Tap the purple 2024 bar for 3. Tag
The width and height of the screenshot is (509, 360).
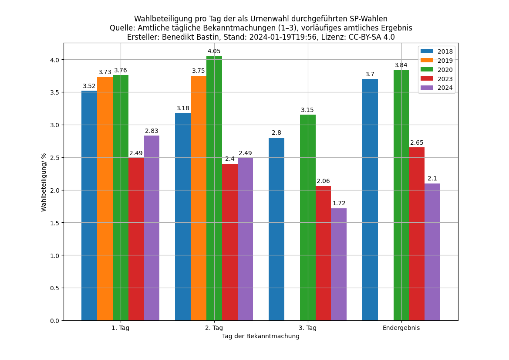(339, 264)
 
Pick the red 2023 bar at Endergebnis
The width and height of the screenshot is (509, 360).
(417, 234)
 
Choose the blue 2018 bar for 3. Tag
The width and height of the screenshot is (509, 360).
(276, 229)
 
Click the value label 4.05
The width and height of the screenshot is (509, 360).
(214, 51)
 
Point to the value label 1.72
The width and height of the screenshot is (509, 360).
(339, 204)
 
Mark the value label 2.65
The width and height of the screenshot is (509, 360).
(417, 143)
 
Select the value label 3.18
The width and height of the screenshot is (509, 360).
(183, 109)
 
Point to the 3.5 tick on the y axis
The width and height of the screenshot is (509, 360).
(55, 92)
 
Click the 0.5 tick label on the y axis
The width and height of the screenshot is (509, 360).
(55, 288)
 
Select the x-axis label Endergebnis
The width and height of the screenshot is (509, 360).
(401, 328)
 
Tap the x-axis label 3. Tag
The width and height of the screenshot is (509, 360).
(308, 328)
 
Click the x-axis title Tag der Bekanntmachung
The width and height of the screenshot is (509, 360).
(261, 336)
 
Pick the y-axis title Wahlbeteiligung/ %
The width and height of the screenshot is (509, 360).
(44, 182)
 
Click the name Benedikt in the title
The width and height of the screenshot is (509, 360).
(178, 37)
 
